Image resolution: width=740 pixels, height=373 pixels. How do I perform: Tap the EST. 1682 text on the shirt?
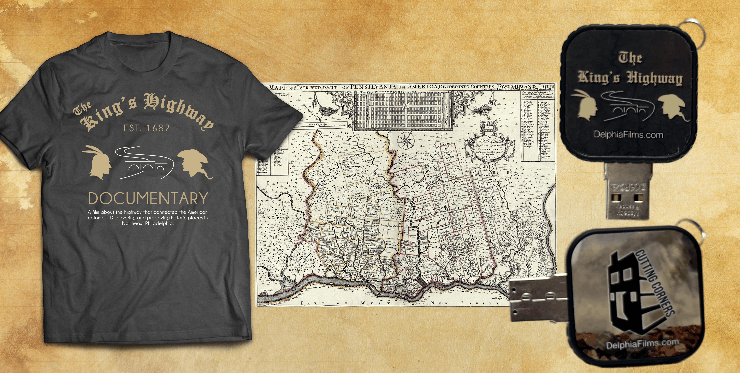click(147, 128)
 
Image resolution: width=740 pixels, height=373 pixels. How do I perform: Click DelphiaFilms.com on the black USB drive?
click(629, 134)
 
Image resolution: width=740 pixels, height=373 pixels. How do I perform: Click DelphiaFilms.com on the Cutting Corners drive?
click(642, 343)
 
